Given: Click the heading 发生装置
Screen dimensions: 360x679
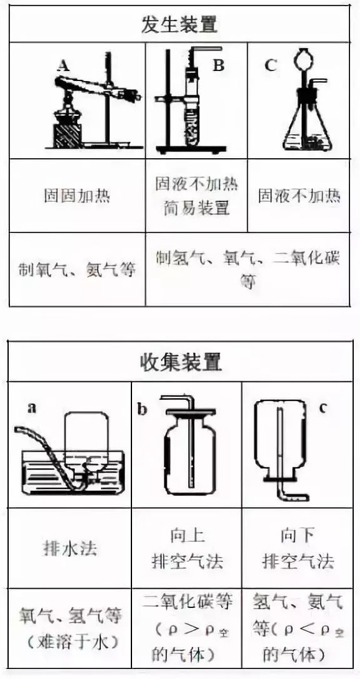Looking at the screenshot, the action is point(179,25).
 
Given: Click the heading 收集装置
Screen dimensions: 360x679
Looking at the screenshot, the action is point(181,362).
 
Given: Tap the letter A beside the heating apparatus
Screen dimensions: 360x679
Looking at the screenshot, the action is point(64,66).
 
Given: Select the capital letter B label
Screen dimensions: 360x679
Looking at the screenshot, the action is point(219,65).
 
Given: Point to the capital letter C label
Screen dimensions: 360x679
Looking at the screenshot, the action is point(270,65).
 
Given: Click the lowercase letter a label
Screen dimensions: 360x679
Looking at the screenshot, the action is point(32,408).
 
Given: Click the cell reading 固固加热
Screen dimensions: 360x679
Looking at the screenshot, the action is point(77,196).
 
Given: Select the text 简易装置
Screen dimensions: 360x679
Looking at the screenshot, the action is point(197,209).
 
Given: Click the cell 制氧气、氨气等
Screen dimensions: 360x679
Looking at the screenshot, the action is point(77,270).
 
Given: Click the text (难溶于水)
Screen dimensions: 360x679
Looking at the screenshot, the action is point(70,642).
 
